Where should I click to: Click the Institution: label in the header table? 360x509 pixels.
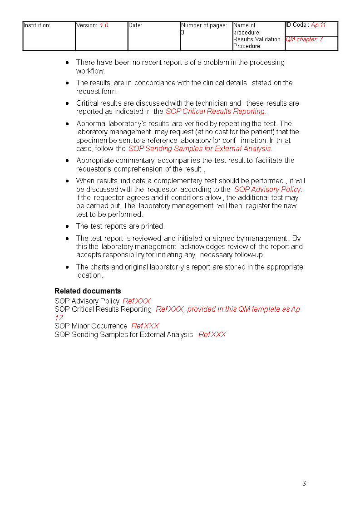37,25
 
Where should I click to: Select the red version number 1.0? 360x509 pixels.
104,25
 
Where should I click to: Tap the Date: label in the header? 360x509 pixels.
135,25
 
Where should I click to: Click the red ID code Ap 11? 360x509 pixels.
318,25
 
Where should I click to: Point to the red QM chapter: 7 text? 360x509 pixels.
304,39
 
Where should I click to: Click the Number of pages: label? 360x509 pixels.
204,25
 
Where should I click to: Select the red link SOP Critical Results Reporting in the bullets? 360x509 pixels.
215,112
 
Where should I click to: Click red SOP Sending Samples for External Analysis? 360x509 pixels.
200,149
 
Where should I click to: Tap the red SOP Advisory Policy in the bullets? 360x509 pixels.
267,190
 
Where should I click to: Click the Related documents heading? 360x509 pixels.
88,291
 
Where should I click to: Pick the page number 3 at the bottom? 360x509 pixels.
304,484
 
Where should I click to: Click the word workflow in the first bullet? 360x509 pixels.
90,71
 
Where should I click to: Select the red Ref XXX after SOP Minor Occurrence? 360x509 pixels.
145,326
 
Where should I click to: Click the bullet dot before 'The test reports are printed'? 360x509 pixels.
67,226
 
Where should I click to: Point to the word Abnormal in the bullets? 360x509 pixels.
91,124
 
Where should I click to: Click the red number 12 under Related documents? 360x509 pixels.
59,318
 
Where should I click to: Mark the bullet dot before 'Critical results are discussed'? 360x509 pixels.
67,103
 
